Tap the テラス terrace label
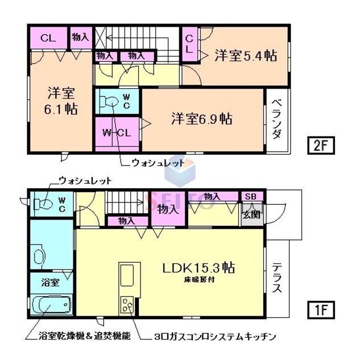point(276,278)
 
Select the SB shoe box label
point(251,196)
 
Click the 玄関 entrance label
point(250,214)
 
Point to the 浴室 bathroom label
point(50,283)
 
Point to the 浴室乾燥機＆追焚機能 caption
point(77,337)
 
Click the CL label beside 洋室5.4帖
point(190,44)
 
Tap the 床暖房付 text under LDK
point(199,280)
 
